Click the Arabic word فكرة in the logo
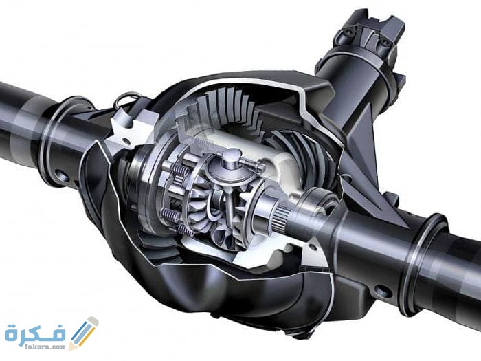[36, 333]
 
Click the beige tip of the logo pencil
[72, 346]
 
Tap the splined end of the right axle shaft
[280, 220]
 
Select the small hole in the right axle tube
[381, 289]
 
